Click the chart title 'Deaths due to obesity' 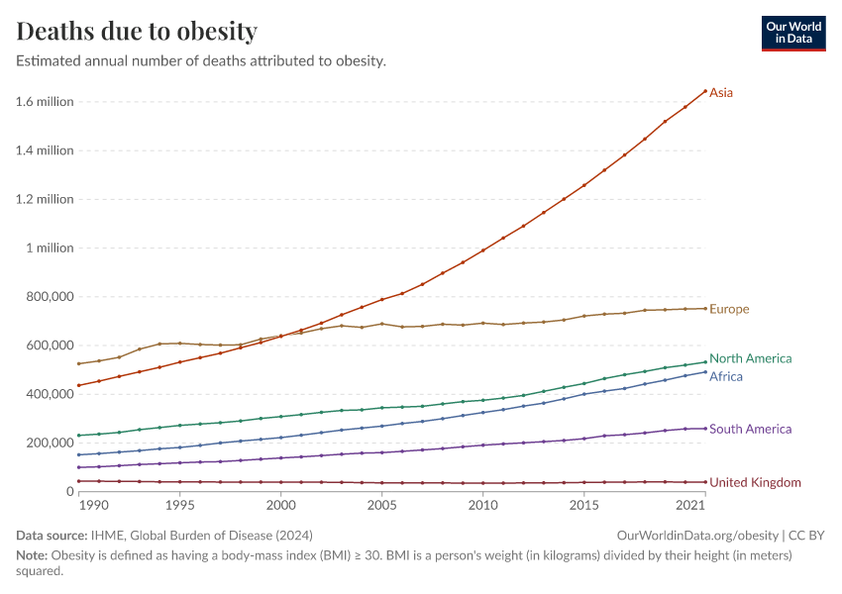click(137, 32)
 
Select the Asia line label click(721, 92)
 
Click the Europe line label click(729, 309)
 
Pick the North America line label click(750, 358)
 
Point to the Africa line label click(725, 376)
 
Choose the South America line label click(750, 429)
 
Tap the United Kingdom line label click(755, 482)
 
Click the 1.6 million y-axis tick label click(45, 102)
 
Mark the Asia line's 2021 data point click(704, 91)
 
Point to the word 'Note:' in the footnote click(33, 555)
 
